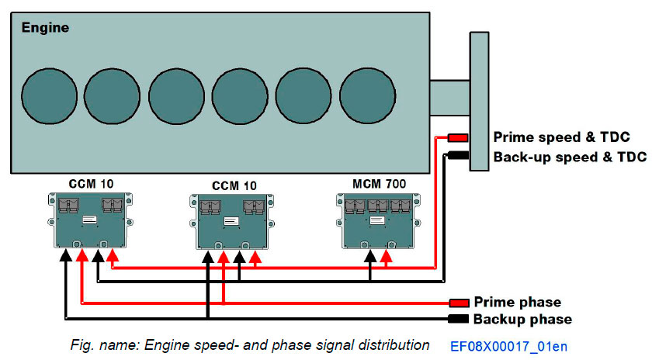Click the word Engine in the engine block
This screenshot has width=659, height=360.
(x=44, y=28)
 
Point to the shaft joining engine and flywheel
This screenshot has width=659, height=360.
(x=449, y=97)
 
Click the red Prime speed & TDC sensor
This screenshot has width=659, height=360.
(x=456, y=138)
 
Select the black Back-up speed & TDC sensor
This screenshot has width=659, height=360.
(x=456, y=156)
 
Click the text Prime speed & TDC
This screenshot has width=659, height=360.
(x=561, y=137)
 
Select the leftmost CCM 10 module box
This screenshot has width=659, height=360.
(x=89, y=220)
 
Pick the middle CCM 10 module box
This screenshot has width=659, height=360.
(x=231, y=222)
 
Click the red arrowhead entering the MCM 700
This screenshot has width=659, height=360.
(x=386, y=256)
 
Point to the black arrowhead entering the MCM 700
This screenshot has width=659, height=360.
(x=370, y=256)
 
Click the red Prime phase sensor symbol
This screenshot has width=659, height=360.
(x=459, y=303)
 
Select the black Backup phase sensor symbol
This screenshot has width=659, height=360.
(x=459, y=319)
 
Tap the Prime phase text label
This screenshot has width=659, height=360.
(x=517, y=302)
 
